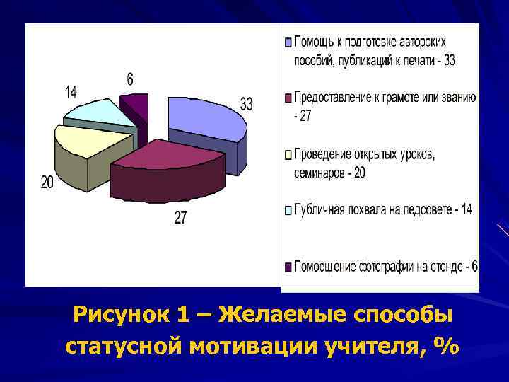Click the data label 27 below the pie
[180, 217]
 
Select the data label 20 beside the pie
[47, 183]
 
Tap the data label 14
[71, 92]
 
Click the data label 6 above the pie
[130, 79]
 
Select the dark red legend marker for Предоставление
[288, 98]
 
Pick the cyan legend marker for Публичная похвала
[288, 210]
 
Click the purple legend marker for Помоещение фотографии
[288, 267]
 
